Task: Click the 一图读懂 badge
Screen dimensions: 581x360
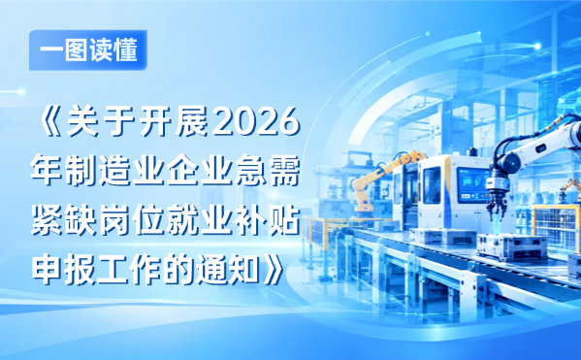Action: click(88, 50)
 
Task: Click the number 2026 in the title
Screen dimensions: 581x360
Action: click(256, 122)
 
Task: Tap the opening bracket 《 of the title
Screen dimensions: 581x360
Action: click(52, 122)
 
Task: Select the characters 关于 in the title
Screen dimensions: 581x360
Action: click(101, 122)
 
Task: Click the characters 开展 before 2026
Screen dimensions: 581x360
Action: click(174, 122)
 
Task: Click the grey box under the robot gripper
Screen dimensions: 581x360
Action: click(510, 245)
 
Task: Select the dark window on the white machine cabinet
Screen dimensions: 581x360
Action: click(432, 185)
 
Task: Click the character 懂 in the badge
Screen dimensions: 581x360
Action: click(126, 50)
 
